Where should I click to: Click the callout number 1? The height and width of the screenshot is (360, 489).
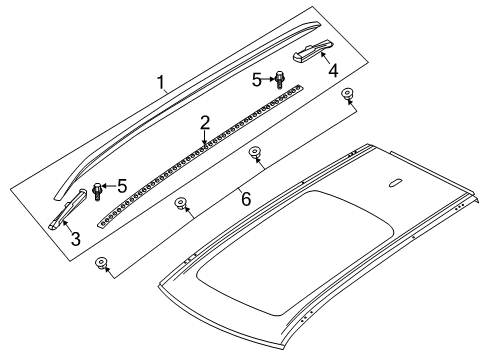[161, 83]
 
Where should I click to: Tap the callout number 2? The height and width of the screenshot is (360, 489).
[205, 123]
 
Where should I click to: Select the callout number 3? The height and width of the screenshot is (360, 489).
[76, 239]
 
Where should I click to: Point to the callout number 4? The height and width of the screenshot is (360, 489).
[333, 71]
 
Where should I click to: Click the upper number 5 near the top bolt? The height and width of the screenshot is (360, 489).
[257, 80]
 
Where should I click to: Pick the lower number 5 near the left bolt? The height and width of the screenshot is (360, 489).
[122, 186]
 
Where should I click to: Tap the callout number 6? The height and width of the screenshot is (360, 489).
[246, 199]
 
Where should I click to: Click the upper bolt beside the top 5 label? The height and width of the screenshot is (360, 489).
[279, 80]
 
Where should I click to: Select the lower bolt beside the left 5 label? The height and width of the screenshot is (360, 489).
[97, 191]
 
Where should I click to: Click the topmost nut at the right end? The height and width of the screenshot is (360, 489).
[348, 94]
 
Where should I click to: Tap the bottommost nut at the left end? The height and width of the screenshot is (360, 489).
[101, 263]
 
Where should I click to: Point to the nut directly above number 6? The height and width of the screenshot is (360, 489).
[255, 153]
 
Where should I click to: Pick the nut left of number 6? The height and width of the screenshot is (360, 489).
[181, 203]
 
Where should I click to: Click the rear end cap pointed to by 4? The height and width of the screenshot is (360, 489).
[312, 51]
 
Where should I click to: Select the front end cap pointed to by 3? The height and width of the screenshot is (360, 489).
[68, 209]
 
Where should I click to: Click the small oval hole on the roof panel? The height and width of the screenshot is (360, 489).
[395, 183]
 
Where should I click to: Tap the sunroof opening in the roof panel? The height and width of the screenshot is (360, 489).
[296, 253]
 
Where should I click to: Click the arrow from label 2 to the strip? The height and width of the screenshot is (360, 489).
[204, 138]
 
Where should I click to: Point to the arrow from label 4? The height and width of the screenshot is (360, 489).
[325, 58]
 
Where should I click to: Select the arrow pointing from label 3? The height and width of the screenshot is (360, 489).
[67, 226]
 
